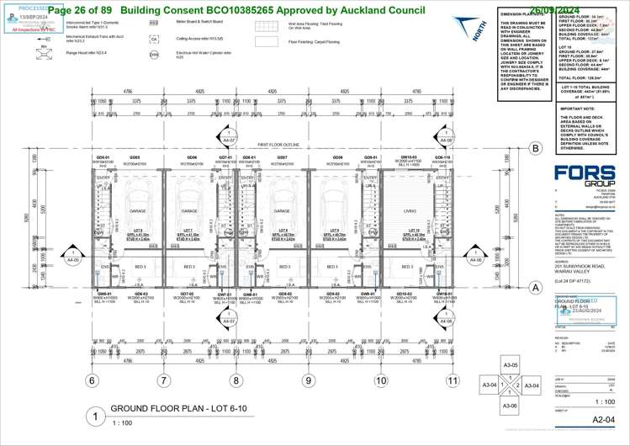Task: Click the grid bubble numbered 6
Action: [x=91, y=380]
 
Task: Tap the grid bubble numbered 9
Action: [x=309, y=380]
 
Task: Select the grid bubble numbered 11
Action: [x=454, y=380]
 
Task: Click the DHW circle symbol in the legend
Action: [x=154, y=55]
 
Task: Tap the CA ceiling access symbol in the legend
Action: [x=154, y=39]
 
